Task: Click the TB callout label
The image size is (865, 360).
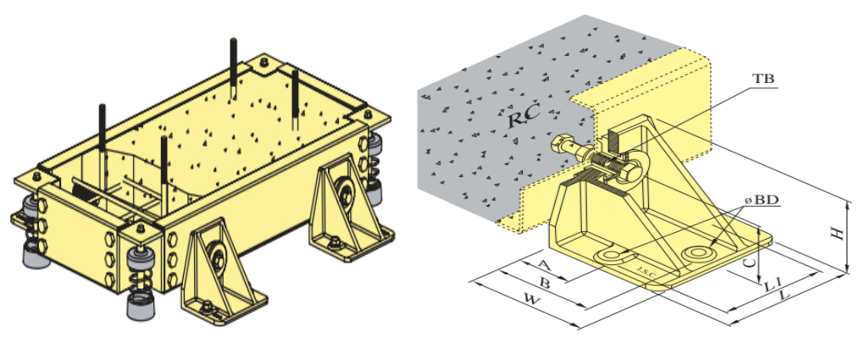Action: pos(763,80)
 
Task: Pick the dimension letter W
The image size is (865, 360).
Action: pos(532,301)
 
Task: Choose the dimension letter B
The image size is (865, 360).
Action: pos(544,284)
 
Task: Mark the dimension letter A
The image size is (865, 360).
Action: pos(544,265)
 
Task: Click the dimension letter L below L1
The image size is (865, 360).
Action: pos(784,296)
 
